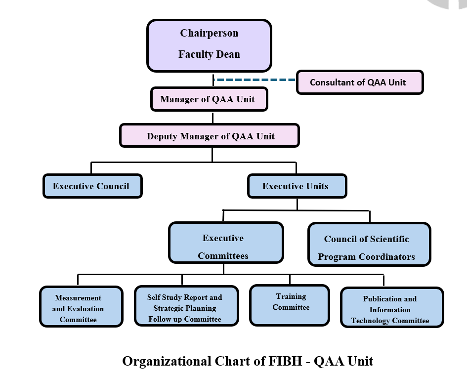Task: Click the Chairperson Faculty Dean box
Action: click(209, 45)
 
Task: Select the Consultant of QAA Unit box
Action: click(360, 83)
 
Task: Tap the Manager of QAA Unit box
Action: click(209, 99)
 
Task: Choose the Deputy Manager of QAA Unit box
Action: click(210, 136)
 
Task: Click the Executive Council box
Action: click(92, 186)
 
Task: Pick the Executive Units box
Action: click(297, 186)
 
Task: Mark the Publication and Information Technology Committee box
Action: click(392, 308)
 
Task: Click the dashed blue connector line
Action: click(255, 79)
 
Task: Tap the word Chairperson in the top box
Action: click(209, 34)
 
